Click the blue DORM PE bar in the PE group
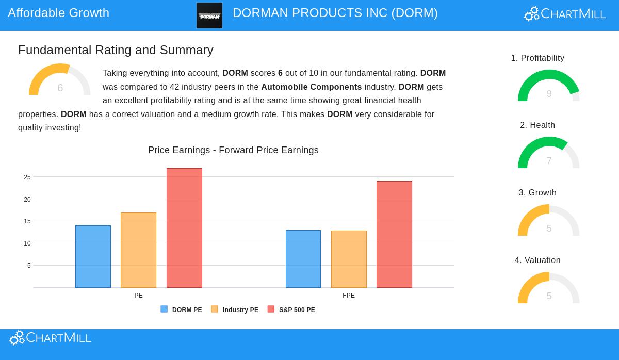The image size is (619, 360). point(93,256)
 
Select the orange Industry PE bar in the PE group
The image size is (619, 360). point(138,250)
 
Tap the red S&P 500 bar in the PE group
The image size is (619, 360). point(184,228)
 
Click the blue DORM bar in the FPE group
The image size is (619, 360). point(303,259)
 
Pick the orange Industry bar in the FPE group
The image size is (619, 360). point(349,259)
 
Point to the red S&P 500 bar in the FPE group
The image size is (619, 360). point(394,234)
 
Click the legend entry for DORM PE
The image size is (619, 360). point(182,310)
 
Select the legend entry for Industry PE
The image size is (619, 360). point(235,310)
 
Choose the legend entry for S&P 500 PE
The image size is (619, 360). point(291,310)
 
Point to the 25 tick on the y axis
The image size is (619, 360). point(27,177)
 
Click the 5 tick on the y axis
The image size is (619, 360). point(29,266)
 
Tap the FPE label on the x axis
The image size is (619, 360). point(349,296)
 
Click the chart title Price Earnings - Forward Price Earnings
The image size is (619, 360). point(233,150)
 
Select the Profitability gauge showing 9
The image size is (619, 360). point(549,86)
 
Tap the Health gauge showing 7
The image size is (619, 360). point(549,153)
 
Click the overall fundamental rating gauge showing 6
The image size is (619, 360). point(60,80)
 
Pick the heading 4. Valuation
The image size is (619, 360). point(537,260)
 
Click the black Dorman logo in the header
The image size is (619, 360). point(209,15)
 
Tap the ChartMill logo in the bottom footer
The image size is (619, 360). point(50,338)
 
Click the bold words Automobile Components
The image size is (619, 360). point(311,87)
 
